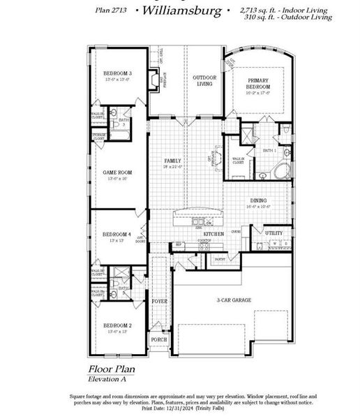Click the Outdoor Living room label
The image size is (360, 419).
[204, 80]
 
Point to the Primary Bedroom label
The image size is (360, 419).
[257, 84]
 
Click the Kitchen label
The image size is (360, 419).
[213, 233]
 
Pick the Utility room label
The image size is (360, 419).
[273, 232]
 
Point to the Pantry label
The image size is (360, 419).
[220, 258]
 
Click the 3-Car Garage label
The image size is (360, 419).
[234, 300]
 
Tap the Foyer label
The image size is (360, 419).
[160, 302]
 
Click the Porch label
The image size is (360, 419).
[159, 341]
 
